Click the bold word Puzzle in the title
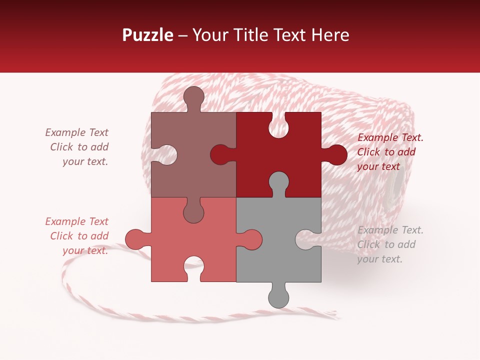[x=148, y=35]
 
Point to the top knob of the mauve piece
[x=193, y=96]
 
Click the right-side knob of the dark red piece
[x=336, y=154]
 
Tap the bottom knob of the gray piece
[x=278, y=297]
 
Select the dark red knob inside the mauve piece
[x=220, y=154]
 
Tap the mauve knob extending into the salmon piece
[x=193, y=212]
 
